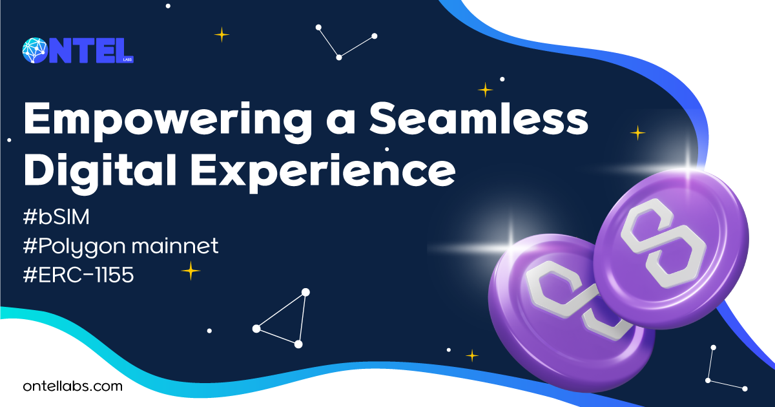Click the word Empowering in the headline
[x=168, y=121]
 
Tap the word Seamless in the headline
[x=479, y=118]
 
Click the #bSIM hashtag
[x=56, y=217]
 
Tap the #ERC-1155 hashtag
[x=78, y=275]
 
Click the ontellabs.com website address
[x=72, y=386]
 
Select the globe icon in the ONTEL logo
[x=35, y=50]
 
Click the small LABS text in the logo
[x=127, y=59]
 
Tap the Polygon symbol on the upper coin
[x=658, y=244]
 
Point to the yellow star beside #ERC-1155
[x=191, y=271]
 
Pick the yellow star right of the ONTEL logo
[x=222, y=35]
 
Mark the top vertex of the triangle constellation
[x=305, y=293]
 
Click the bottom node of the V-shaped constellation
[x=339, y=57]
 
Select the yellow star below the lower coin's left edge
[x=472, y=355]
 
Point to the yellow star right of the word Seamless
[x=637, y=133]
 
